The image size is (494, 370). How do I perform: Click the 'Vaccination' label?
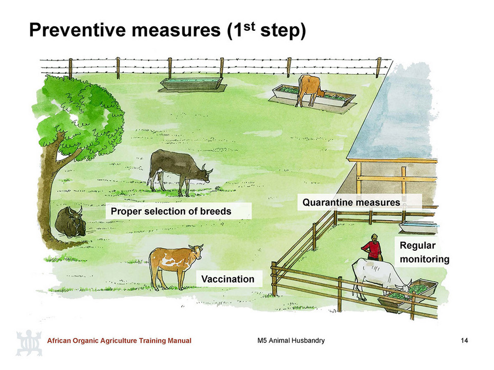point(228,279)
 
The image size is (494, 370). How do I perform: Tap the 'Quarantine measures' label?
point(351,202)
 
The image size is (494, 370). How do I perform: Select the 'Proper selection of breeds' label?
point(171,211)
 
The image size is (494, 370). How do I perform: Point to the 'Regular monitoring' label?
point(425,252)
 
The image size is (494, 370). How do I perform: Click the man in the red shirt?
point(373,248)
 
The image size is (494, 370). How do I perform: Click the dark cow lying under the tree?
point(70,221)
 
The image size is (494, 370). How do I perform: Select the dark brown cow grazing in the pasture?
point(179,171)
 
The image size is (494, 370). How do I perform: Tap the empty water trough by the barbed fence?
point(191,83)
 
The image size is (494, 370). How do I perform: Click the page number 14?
point(464,340)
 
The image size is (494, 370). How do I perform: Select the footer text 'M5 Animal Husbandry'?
point(291,340)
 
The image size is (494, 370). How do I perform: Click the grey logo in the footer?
point(29,343)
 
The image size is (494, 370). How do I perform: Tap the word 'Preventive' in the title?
point(78,30)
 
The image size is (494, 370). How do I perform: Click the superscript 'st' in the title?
point(249,26)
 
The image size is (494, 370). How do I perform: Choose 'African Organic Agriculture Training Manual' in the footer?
point(119,340)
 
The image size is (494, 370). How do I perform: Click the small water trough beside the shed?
point(418,227)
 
